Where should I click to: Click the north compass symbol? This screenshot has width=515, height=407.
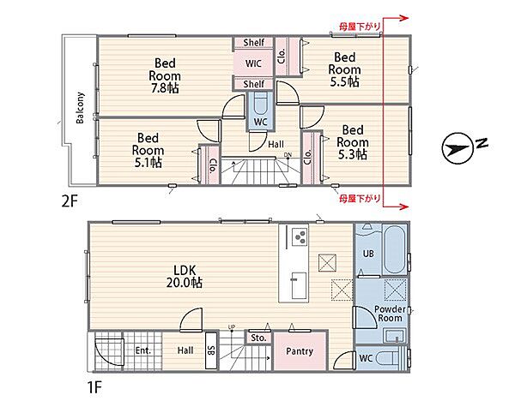458,149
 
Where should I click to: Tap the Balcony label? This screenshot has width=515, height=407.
80,108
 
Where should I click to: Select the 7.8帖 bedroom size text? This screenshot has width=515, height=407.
165,88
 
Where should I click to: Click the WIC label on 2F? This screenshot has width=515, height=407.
253,63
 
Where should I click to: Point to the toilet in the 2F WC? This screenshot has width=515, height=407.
261,104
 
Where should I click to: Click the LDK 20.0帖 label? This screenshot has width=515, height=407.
184,276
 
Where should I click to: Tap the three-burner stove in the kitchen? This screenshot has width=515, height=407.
300,236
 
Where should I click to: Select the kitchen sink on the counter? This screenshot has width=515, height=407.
299,285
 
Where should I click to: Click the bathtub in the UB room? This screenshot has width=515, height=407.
394,248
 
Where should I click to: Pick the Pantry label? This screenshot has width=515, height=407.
300,351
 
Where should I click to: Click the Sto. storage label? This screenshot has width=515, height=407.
258,338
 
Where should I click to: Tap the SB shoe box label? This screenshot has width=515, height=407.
211,350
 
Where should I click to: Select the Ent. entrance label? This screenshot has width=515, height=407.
142,350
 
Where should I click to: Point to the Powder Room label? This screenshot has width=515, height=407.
390,314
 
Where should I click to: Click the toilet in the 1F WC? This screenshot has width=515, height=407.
390,358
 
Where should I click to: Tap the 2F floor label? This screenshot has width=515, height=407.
70,201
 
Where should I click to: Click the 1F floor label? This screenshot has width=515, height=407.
94,387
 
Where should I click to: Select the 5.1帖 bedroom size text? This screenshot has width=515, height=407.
148,163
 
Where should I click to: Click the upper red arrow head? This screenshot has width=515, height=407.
404,18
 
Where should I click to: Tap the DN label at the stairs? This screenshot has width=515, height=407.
288,155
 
